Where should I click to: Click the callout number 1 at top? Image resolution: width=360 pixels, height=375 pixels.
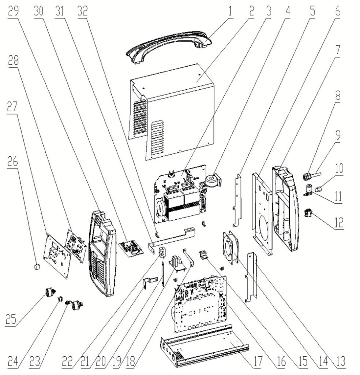tap(230, 11)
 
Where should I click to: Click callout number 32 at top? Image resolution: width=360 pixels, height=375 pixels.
tap(82, 11)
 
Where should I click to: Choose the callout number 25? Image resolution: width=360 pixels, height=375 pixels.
tap(11, 319)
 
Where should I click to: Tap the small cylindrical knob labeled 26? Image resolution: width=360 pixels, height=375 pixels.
tap(37, 267)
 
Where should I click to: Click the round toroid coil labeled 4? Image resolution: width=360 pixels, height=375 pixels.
tap(214, 181)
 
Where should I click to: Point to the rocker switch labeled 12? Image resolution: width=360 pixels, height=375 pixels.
tap(308, 213)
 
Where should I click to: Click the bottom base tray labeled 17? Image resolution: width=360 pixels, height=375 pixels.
tap(205, 348)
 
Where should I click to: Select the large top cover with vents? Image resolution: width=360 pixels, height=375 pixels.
tap(172, 112)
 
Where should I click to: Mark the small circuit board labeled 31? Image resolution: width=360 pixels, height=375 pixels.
tap(131, 249)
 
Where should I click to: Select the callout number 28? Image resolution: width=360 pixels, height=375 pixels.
tap(14, 60)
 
